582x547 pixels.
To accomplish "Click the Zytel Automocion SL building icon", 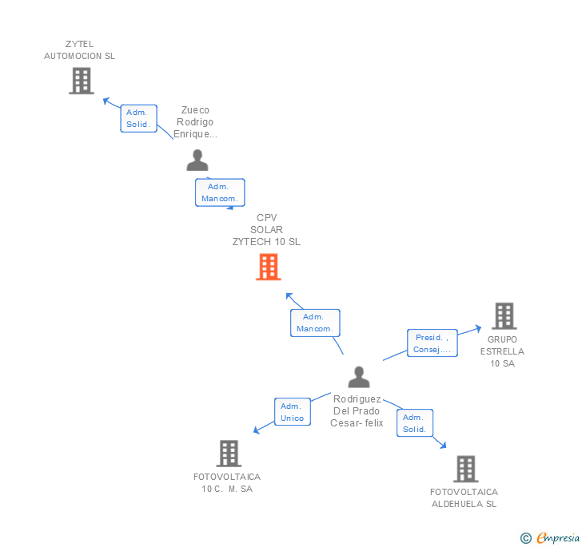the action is [81, 81].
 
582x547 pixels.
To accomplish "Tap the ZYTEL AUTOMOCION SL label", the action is [79, 50].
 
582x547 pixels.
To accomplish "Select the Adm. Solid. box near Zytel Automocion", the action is [139, 118].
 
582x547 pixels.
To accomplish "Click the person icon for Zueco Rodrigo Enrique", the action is [197, 160].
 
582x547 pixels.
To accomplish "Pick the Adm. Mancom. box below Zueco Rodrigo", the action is [220, 192].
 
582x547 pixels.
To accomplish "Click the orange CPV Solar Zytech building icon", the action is [268, 267].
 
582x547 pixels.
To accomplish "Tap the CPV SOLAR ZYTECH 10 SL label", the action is [266, 230].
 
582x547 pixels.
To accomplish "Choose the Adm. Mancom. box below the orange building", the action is [315, 323].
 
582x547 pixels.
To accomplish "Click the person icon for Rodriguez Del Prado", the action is [359, 377].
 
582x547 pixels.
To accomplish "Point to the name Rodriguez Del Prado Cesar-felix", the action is [357, 410].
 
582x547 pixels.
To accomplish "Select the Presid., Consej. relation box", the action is [432, 343].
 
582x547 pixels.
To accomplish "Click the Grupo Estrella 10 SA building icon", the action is [504, 316].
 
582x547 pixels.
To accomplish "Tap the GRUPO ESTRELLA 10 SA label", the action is [503, 351].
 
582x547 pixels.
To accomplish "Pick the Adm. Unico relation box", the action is [292, 412].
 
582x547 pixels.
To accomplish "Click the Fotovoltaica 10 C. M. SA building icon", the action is [229, 454].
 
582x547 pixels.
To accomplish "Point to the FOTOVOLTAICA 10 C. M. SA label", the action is [227, 482].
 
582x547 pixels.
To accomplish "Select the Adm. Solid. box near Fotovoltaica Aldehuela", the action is [414, 423].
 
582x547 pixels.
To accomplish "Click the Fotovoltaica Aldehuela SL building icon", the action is [465, 469].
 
